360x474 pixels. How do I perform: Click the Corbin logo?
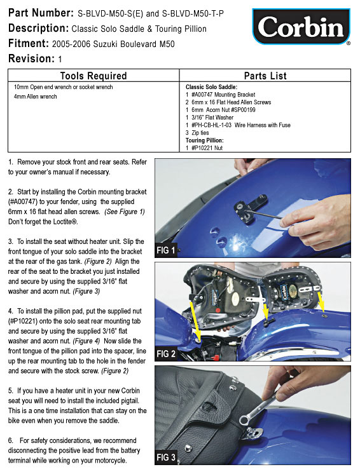point(301,27)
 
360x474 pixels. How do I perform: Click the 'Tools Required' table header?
point(93,76)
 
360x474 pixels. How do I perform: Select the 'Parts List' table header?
point(265,76)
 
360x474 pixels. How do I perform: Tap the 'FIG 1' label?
point(165,250)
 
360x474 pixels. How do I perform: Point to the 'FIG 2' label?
point(166,354)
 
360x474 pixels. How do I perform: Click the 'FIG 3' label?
point(166,457)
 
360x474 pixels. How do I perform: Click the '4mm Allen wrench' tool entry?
point(36,97)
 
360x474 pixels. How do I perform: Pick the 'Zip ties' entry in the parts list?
point(197,133)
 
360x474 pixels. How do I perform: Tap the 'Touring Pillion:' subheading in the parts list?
point(205,140)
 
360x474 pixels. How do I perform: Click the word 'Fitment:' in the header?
point(29,43)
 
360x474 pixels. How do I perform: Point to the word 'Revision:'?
point(31,58)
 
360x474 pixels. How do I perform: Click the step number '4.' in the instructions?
point(11,311)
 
